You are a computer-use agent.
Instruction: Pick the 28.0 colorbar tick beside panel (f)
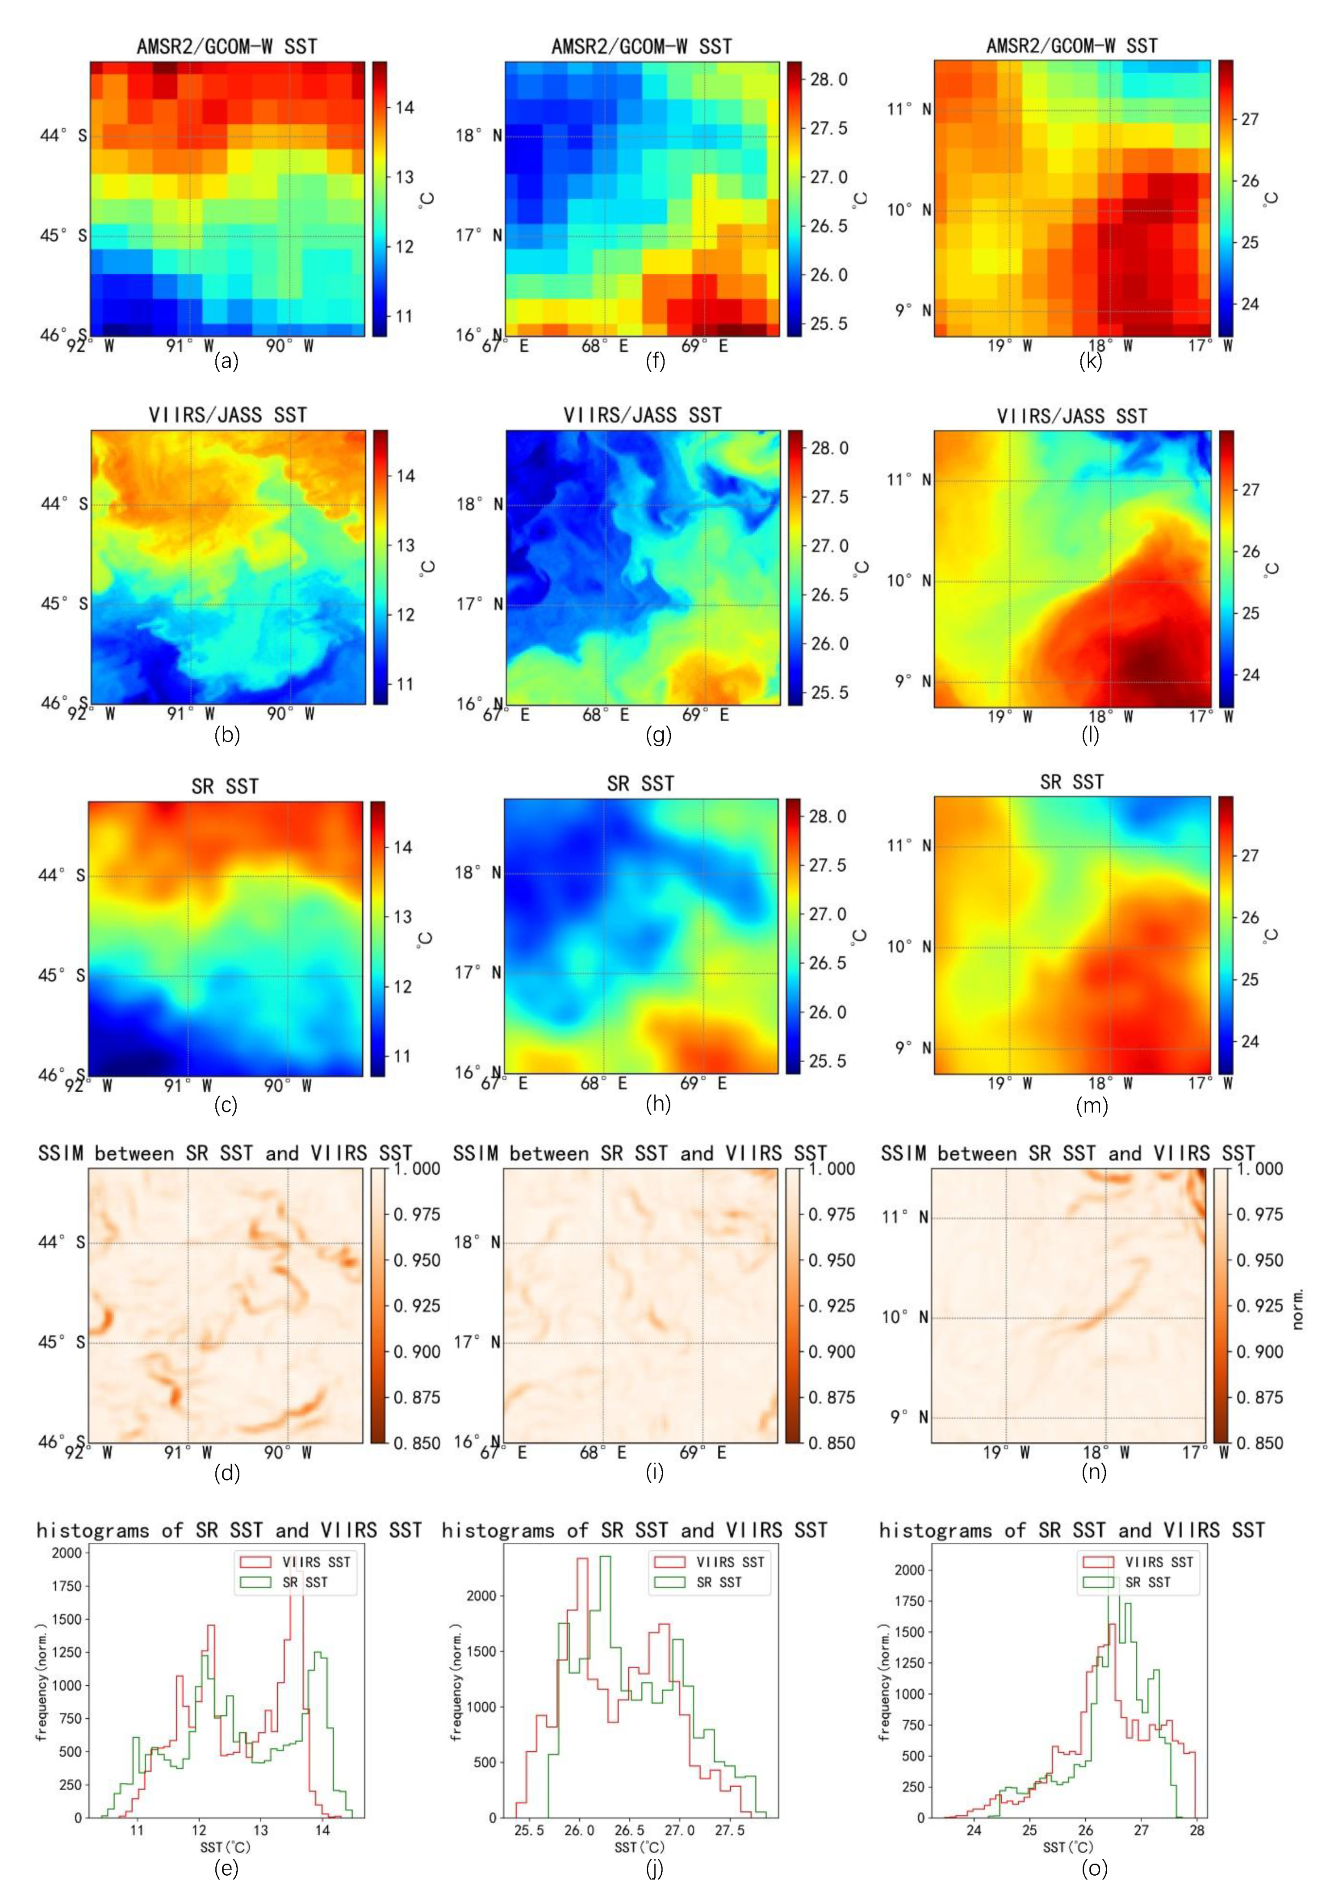828,80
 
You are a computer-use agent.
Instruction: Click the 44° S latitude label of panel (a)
63,135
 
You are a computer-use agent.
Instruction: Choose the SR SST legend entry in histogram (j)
719,1582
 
